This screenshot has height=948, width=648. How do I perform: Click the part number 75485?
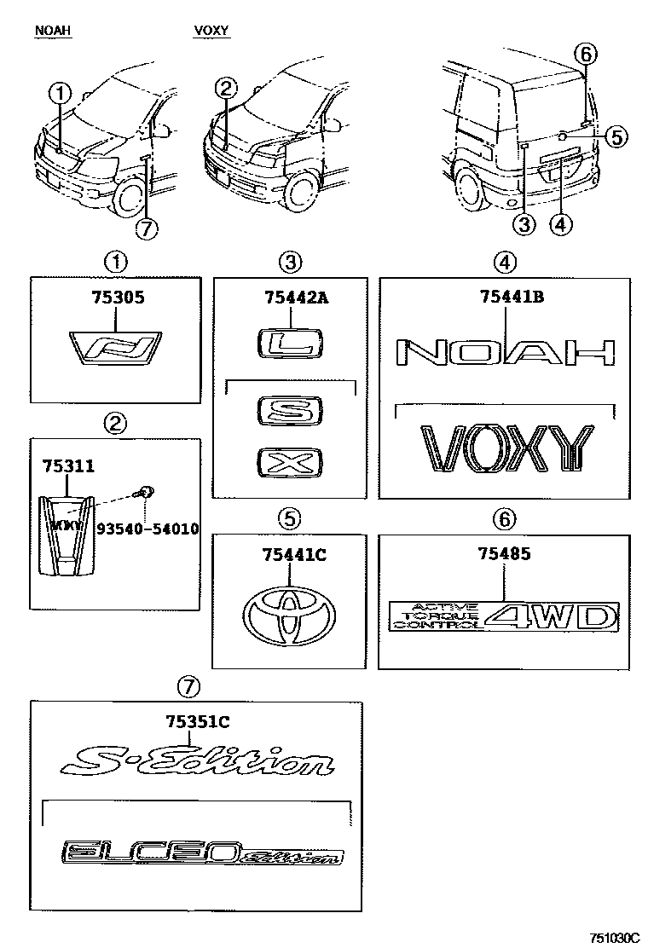point(504,554)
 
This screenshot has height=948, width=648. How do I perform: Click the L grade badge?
point(290,344)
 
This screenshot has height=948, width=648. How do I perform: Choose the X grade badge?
point(290,465)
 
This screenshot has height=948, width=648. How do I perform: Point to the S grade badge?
point(290,412)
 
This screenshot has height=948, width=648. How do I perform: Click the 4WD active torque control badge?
point(503,616)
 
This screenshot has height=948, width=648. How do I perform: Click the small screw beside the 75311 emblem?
point(145,491)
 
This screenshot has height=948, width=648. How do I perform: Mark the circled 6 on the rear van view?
point(585,55)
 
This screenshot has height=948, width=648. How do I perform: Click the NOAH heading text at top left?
point(52,32)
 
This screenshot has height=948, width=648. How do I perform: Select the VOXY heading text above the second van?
point(211,32)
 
